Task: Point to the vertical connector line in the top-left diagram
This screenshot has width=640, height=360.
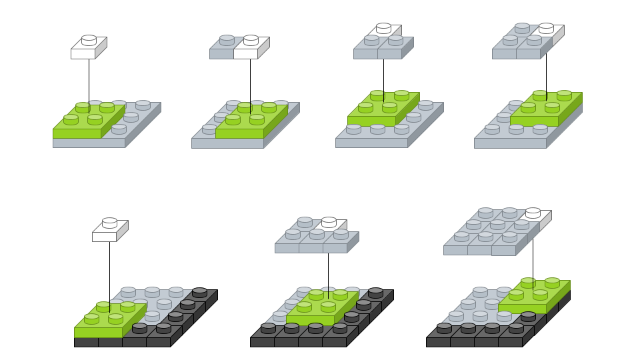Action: click(89, 80)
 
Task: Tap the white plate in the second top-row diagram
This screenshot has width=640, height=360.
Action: click(248, 53)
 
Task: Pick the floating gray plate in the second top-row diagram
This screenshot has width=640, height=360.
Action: click(221, 53)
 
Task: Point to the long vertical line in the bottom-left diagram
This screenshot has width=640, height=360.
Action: click(109, 273)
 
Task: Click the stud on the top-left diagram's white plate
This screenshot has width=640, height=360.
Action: click(89, 40)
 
